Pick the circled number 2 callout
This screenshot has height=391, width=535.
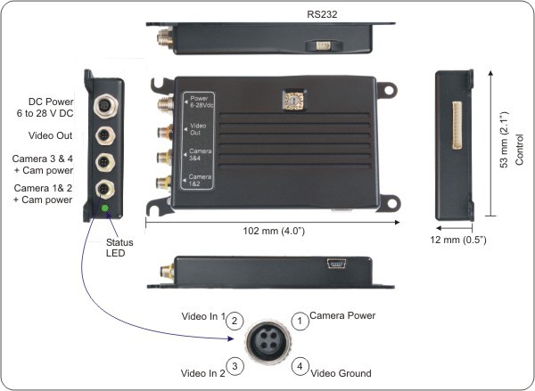(235, 320)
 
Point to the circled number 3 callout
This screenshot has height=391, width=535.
(235, 365)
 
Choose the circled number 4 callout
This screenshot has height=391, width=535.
(302, 365)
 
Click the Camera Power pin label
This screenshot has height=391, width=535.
(344, 315)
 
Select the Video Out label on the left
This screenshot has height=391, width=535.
(51, 135)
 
